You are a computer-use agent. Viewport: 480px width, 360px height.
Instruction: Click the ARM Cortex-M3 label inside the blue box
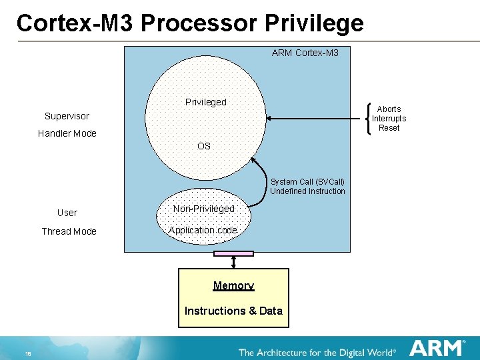click(305, 52)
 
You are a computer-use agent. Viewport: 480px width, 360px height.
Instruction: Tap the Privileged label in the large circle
click(205, 102)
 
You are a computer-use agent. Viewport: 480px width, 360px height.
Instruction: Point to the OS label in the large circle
click(204, 146)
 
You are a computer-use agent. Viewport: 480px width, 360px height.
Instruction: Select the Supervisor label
click(67, 116)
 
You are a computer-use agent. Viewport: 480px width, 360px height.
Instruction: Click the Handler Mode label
click(67, 133)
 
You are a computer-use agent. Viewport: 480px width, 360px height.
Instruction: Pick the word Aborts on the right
click(389, 109)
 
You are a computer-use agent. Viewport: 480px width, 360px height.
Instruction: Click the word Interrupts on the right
click(389, 119)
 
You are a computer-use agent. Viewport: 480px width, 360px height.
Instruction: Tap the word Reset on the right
click(389, 127)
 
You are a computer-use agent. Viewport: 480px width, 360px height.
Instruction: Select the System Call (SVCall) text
click(307, 182)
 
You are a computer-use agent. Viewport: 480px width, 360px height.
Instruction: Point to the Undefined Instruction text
click(307, 191)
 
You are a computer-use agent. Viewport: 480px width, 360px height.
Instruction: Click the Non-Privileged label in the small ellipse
click(203, 209)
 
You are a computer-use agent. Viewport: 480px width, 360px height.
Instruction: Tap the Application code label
click(203, 230)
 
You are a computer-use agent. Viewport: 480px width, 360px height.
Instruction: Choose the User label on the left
click(67, 213)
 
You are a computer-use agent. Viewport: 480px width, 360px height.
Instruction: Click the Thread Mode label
click(69, 231)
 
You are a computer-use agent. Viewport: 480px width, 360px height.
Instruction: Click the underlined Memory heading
click(233, 285)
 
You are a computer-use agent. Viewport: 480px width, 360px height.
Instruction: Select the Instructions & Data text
click(233, 311)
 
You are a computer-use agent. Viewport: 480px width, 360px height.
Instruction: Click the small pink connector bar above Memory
click(233, 253)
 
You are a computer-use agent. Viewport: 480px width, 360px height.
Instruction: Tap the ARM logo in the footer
click(437, 347)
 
